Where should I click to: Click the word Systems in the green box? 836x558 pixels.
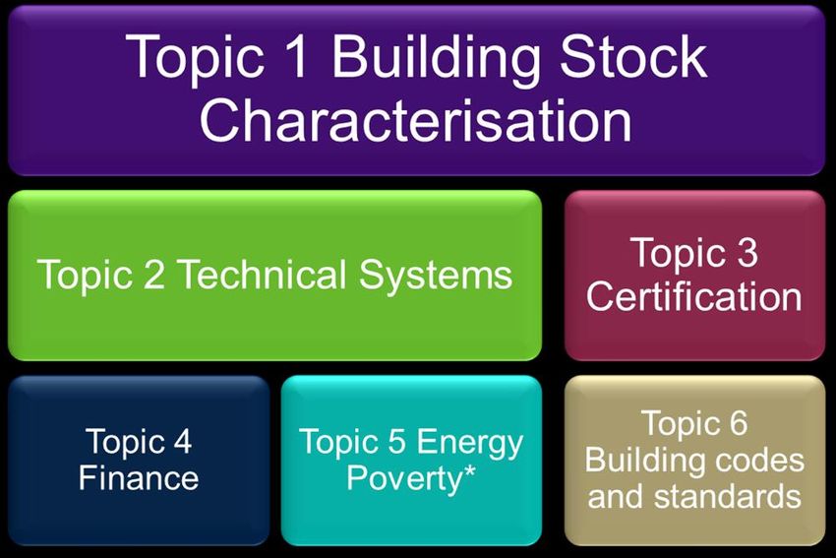click(x=436, y=277)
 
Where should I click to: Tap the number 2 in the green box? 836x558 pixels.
click(x=154, y=275)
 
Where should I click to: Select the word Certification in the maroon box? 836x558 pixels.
click(x=694, y=296)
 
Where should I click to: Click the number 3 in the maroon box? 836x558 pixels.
click(x=746, y=252)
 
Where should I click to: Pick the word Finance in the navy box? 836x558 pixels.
click(x=139, y=477)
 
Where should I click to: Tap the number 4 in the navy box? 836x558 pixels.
click(x=182, y=441)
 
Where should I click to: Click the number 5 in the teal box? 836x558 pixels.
click(x=396, y=441)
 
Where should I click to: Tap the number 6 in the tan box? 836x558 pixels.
click(x=739, y=423)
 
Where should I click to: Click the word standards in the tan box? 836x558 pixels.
click(x=727, y=496)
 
